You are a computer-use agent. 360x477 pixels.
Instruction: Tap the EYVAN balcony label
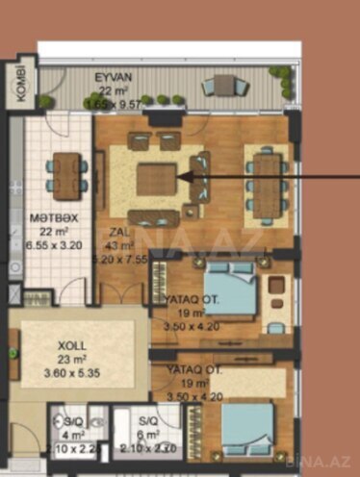pyautogui.click(x=113, y=77)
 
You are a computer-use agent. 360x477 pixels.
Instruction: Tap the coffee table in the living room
pyautogui.click(x=155, y=179)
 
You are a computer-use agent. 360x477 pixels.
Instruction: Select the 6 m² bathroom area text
pyautogui.click(x=148, y=434)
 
